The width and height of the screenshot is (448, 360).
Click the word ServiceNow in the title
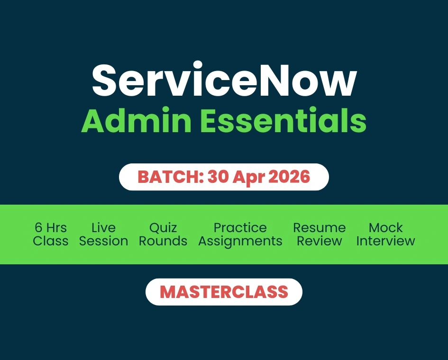(x=224, y=80)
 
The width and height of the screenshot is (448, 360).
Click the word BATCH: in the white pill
(x=170, y=177)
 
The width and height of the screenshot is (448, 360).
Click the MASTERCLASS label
(x=224, y=292)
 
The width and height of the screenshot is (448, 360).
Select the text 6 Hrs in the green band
(x=51, y=228)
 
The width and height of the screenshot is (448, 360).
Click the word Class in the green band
(x=51, y=241)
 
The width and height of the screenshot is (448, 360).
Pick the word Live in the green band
(x=103, y=228)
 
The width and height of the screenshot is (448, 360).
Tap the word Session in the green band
(x=103, y=241)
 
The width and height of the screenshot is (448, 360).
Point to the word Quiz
(x=163, y=228)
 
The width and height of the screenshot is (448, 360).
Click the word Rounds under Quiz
(x=163, y=241)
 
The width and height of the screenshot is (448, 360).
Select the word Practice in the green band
(x=240, y=228)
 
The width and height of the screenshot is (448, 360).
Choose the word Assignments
(x=240, y=242)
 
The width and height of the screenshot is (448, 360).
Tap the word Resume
(x=319, y=228)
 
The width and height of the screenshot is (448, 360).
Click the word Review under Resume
(x=319, y=241)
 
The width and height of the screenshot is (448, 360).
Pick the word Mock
(x=385, y=228)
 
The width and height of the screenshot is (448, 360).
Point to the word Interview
(x=385, y=241)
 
